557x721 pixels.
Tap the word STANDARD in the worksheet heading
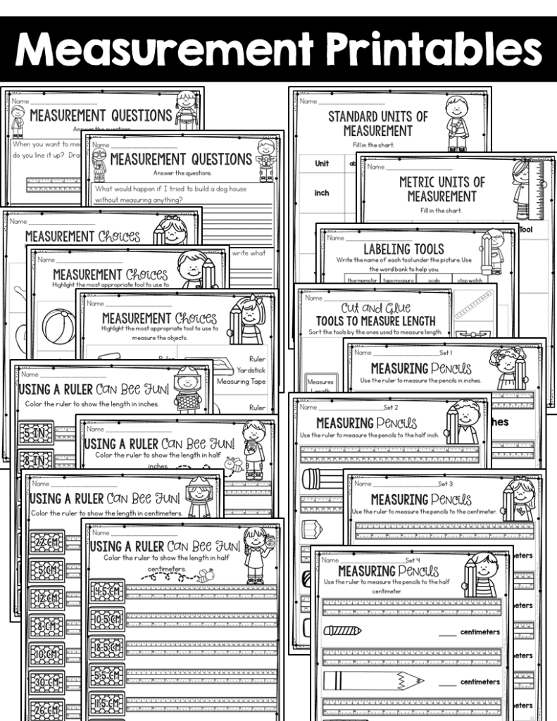click(356, 116)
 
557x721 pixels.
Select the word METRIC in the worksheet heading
click(422, 182)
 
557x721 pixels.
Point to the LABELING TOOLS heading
click(403, 249)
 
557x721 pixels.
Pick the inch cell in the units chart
click(322, 192)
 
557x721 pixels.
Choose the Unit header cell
click(322, 163)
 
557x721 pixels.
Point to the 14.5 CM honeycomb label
click(107, 592)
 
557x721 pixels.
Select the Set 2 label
click(390, 407)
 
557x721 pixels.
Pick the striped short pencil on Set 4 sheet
click(342, 630)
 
